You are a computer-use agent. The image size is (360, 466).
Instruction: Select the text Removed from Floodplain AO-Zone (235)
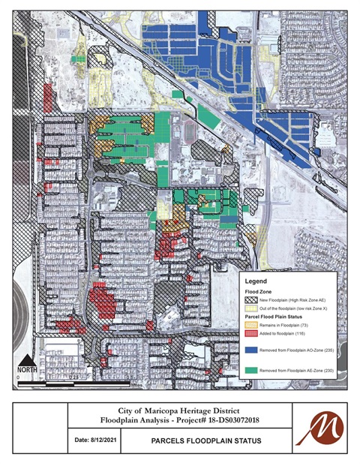click(x=300, y=349)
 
